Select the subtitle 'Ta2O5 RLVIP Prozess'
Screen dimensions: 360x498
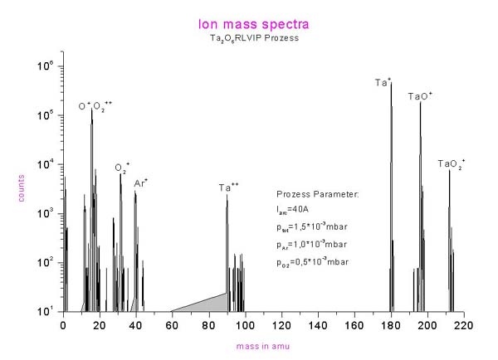tap(249, 38)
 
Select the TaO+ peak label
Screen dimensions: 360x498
tap(420, 96)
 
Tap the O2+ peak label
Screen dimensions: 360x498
tap(122, 167)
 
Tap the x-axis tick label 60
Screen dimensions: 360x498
tap(172, 325)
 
